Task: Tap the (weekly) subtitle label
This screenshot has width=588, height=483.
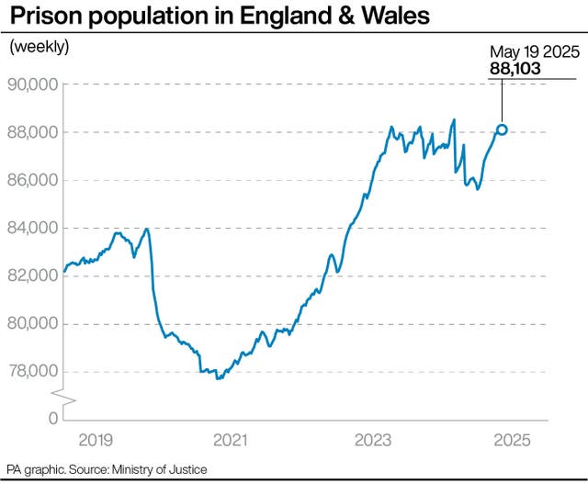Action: click(40, 47)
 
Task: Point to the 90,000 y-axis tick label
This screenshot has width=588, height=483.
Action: click(33, 84)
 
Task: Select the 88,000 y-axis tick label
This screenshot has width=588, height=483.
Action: click(33, 132)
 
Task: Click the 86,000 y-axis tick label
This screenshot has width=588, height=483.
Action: click(33, 180)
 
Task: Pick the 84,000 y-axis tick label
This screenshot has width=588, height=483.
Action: click(33, 228)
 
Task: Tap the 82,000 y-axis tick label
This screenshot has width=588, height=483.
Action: click(33, 275)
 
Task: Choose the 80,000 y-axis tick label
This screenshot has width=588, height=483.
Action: click(33, 323)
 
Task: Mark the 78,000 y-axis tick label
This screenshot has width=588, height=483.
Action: click(33, 371)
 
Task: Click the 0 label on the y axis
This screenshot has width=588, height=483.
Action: click(52, 418)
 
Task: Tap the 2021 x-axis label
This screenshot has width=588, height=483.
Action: click(229, 441)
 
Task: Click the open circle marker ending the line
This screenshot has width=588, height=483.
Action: click(502, 129)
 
